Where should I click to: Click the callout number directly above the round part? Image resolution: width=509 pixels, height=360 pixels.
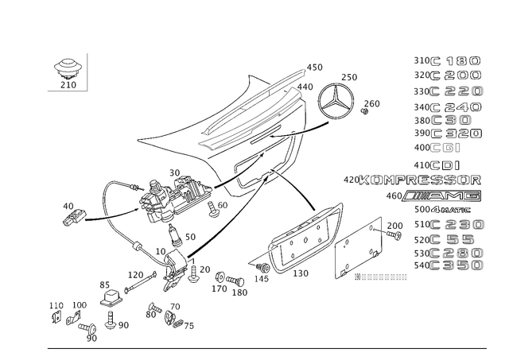click(x=349, y=76)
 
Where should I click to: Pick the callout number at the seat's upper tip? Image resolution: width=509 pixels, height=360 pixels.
click(x=316, y=67)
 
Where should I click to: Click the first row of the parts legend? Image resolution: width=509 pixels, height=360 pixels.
click(x=449, y=60)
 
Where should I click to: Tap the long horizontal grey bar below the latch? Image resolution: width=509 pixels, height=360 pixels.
click(x=382, y=277)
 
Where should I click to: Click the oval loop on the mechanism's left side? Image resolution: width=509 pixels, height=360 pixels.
click(x=119, y=199)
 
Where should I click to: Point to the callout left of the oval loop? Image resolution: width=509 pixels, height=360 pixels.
click(x=72, y=211)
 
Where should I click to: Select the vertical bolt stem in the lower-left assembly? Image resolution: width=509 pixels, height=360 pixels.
click(x=112, y=306)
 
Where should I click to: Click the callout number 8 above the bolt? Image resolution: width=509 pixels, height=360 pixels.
click(x=102, y=284)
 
